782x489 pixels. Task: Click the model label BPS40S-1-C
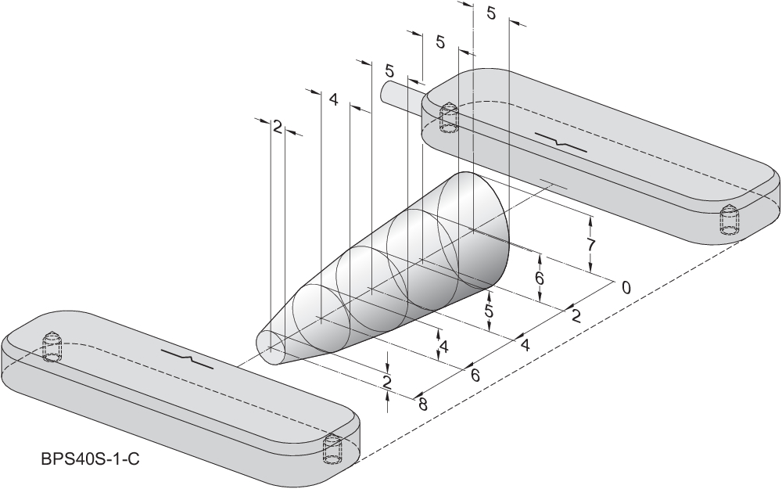(90, 459)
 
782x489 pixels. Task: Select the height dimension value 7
(592, 245)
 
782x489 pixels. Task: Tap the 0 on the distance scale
(626, 287)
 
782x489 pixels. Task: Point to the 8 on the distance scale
(423, 404)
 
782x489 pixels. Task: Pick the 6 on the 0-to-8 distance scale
(475, 375)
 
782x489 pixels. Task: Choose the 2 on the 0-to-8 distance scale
(576, 316)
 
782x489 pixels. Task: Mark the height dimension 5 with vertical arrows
(489, 311)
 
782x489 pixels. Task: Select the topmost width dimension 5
(491, 13)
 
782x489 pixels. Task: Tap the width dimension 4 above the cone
(334, 100)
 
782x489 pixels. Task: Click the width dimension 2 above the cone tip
(277, 127)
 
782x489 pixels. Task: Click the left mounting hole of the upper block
(449, 117)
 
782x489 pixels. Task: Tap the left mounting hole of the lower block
(52, 346)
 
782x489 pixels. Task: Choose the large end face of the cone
(474, 231)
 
